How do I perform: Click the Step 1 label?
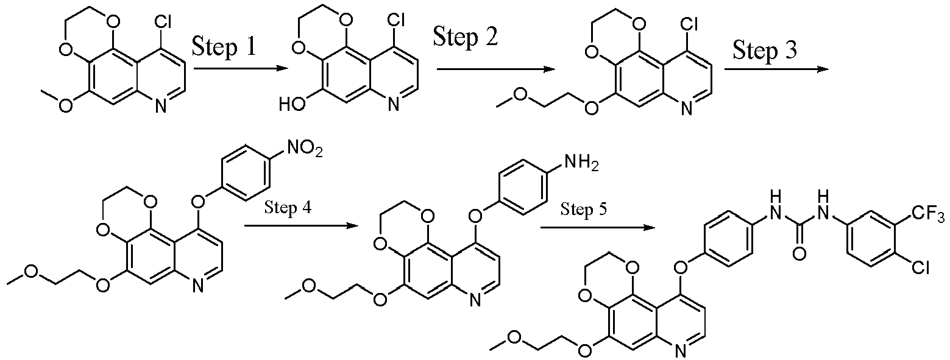pos(224,46)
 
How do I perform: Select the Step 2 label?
pos(465,37)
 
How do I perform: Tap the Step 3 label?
pos(765,49)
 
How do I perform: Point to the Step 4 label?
pos(288,208)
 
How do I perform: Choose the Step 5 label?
pos(584,209)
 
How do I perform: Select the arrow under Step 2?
pos(496,69)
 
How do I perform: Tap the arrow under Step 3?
pos(776,68)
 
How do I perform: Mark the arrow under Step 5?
pos(598,228)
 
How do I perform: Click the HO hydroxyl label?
pos(292,104)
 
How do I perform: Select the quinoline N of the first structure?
pos(160,105)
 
